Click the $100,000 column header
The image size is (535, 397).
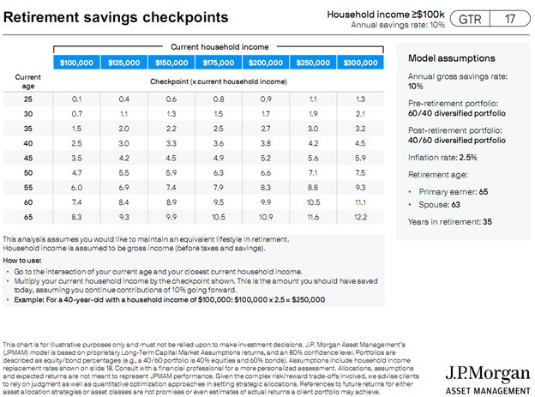click(77, 63)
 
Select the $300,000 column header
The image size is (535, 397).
click(360, 63)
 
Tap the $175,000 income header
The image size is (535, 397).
click(219, 63)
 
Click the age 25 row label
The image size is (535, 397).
click(28, 99)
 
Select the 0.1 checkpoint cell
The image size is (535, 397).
click(77, 99)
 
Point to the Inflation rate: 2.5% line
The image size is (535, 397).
click(442, 157)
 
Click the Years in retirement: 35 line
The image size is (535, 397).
click(450, 221)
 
